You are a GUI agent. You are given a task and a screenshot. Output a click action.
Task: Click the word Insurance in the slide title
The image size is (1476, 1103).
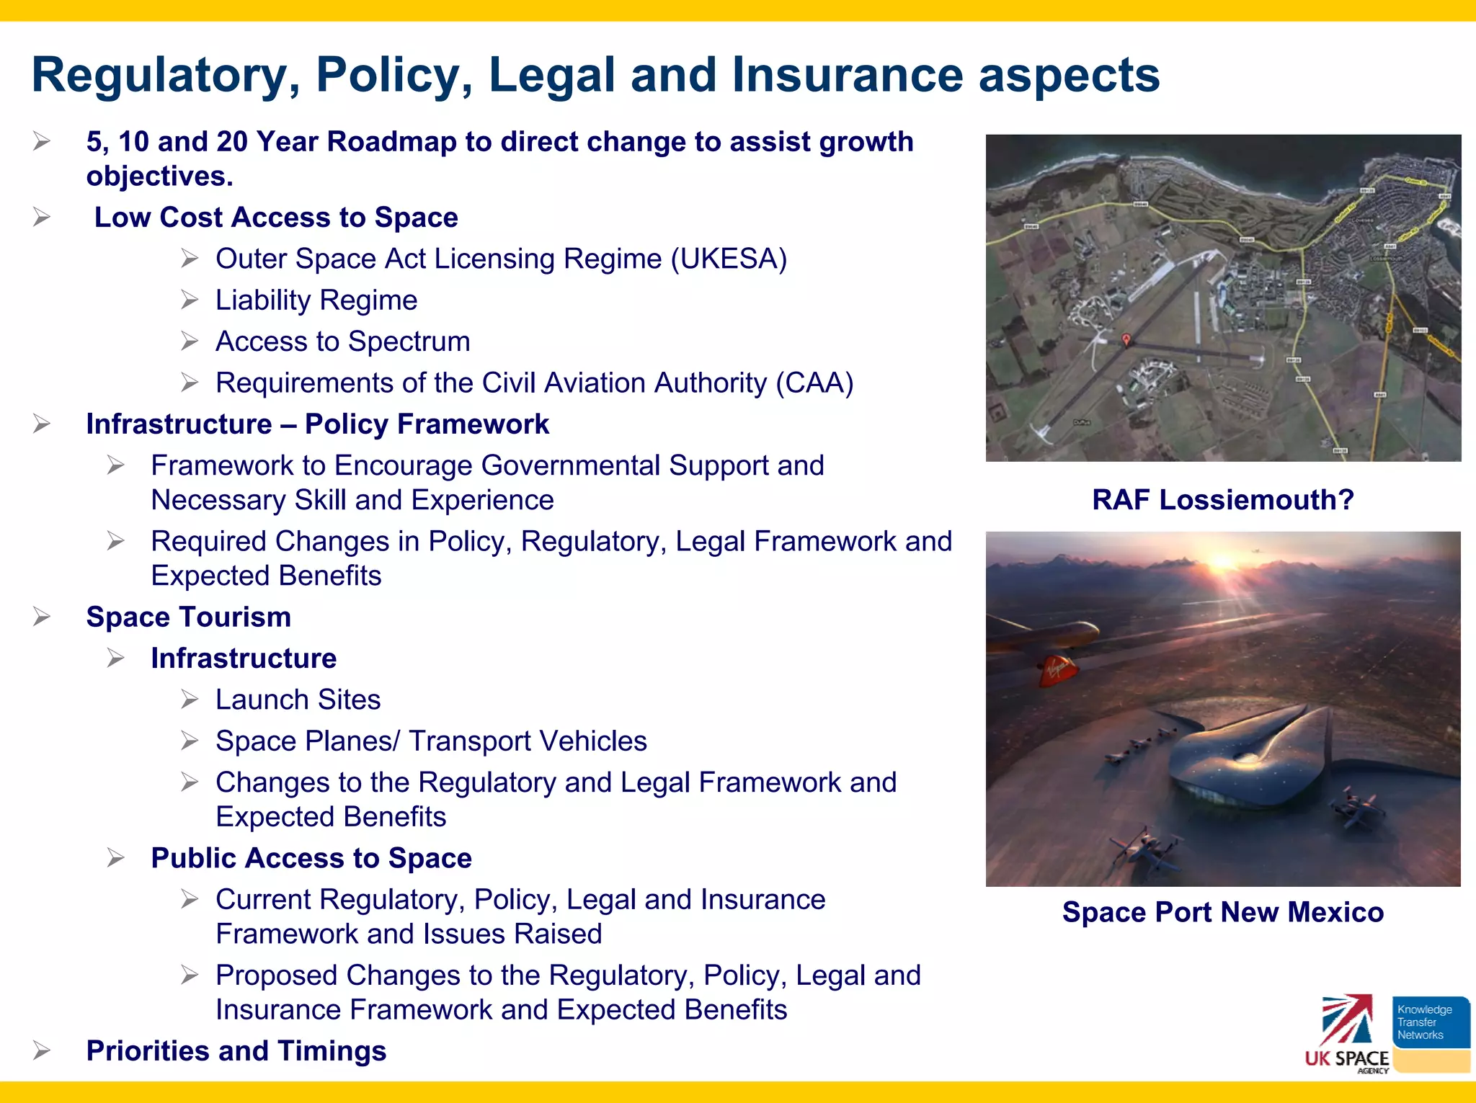847,75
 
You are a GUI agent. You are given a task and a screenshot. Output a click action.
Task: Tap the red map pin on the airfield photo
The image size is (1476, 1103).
1126,339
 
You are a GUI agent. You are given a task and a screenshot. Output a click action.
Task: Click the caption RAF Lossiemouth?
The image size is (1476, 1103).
1222,499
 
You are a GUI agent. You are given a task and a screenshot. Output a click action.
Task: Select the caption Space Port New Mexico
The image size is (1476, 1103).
1222,912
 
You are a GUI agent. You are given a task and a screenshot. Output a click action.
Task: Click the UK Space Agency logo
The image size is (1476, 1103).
1346,1035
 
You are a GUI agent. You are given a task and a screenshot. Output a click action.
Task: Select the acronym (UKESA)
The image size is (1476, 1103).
729,259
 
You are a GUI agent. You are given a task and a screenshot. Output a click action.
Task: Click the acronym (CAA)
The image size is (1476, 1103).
814,383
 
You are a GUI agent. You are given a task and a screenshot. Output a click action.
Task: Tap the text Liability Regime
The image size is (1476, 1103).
316,300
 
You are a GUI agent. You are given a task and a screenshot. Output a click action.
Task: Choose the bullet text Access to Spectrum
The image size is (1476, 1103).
342,341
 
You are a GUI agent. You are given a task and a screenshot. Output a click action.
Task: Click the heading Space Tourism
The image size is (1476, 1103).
188,617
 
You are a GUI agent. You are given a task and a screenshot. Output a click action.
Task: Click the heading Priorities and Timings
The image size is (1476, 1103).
236,1051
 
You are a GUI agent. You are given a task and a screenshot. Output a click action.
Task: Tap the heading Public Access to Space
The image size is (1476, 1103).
311,859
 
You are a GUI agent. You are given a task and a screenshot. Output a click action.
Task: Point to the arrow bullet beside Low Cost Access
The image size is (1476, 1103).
42,218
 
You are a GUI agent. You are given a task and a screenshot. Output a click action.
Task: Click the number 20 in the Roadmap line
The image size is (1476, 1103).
231,142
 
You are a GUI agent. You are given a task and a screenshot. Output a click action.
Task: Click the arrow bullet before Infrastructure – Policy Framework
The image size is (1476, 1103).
42,424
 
